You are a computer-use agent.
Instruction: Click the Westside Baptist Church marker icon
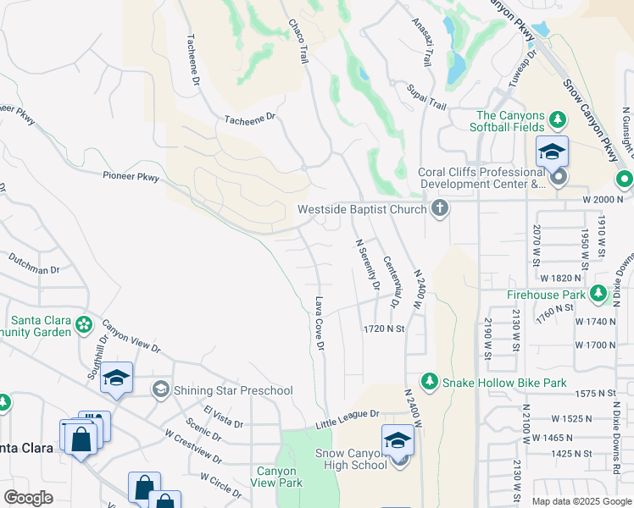click(x=439, y=208)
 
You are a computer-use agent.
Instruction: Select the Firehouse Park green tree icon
click(x=598, y=294)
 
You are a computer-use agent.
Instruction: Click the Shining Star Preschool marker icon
click(x=159, y=389)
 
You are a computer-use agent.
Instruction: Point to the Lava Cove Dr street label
click(x=320, y=323)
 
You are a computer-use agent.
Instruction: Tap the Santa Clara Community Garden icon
click(x=83, y=323)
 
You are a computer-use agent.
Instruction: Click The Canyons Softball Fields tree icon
click(x=557, y=116)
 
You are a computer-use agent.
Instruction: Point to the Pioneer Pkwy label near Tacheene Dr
click(x=131, y=177)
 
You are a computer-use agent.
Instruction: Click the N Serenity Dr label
click(x=365, y=265)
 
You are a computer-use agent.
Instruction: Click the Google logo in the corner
click(x=28, y=498)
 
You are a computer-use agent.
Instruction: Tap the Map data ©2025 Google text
click(x=581, y=501)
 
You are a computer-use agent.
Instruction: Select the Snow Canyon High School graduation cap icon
click(x=397, y=441)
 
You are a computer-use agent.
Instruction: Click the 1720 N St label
click(x=385, y=328)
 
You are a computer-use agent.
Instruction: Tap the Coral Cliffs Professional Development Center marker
click(x=558, y=178)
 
